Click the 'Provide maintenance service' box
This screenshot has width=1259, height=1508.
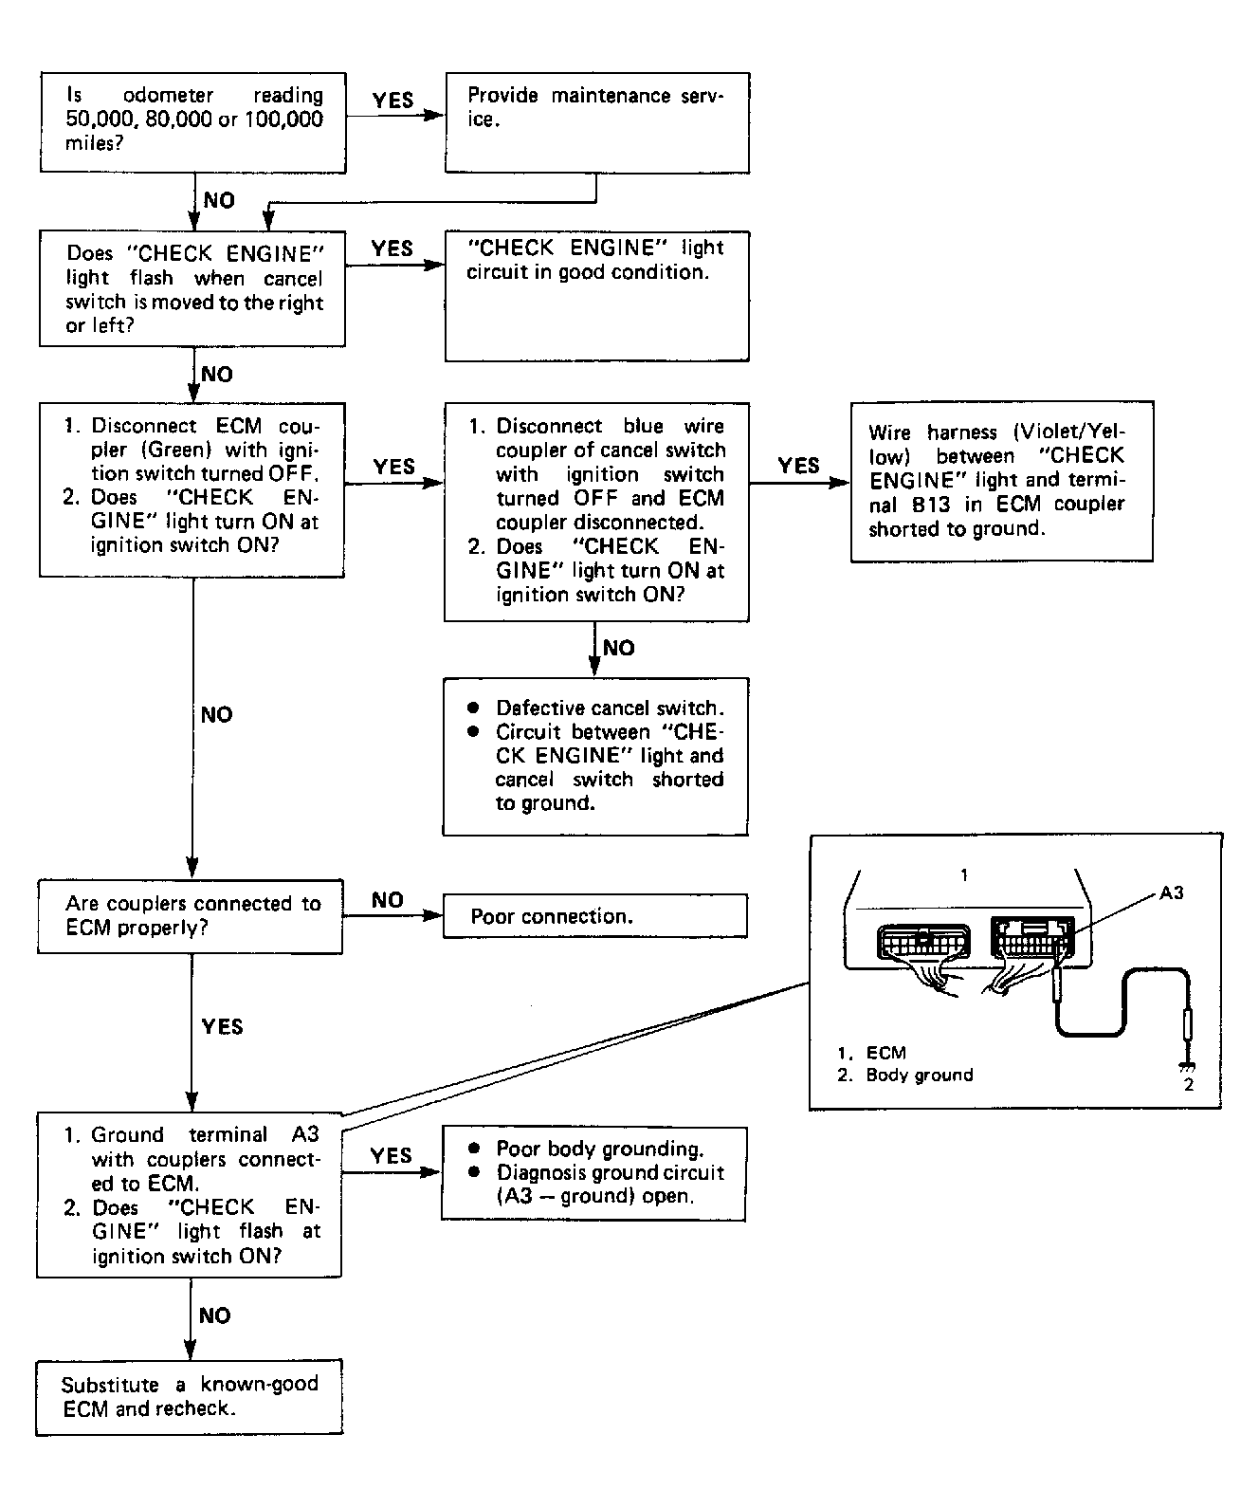click(597, 122)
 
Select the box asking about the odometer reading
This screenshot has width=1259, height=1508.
click(192, 122)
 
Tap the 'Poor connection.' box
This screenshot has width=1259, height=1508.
click(594, 916)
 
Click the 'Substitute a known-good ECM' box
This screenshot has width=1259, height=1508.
click(190, 1397)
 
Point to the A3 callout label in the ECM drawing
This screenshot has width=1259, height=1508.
click(1171, 893)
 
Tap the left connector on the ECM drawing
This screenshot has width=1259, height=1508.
click(922, 942)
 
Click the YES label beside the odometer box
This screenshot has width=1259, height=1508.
click(392, 100)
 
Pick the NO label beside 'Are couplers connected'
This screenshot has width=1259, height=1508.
click(387, 900)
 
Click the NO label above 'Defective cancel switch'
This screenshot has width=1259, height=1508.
click(619, 648)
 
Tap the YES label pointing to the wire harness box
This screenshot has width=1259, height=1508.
click(798, 465)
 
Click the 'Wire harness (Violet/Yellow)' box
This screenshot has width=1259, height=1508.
click(1002, 482)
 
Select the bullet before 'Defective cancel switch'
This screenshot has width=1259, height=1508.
click(474, 708)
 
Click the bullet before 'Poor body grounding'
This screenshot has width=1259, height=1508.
click(474, 1148)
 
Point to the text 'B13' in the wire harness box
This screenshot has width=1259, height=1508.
click(931, 504)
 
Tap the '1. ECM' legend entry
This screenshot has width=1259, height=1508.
click(872, 1052)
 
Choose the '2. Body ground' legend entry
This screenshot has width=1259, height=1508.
click(905, 1075)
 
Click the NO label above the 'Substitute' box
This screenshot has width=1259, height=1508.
click(214, 1315)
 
